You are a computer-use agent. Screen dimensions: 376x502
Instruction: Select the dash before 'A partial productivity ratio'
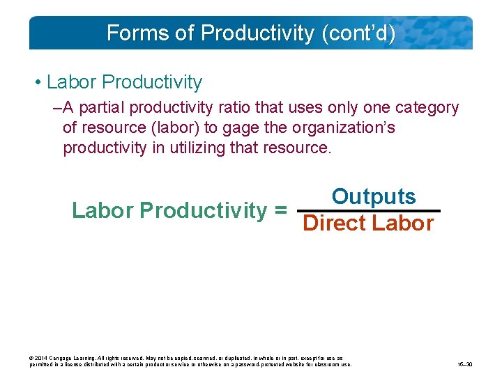pos(56,108)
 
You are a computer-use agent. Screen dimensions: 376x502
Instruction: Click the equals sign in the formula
pos(281,210)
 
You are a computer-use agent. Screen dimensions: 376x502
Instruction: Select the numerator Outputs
pos(374,197)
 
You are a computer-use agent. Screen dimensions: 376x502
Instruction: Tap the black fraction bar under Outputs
pos(369,210)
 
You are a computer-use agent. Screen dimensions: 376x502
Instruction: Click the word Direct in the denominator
pos(335,224)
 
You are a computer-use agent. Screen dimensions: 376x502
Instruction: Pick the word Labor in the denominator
pos(403,224)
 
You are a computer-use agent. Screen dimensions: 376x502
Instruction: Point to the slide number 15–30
pos(465,364)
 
